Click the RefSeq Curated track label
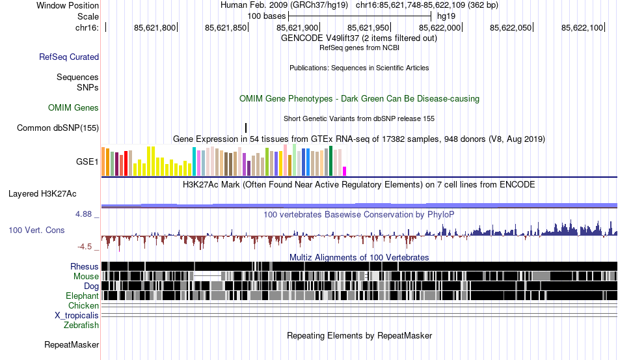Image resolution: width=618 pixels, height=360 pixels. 69,57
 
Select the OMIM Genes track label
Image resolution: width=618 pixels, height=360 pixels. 74,107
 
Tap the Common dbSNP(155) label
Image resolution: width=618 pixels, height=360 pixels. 58,128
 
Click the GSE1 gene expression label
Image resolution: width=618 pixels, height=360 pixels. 88,161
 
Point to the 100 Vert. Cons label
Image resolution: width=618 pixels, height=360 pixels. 36,230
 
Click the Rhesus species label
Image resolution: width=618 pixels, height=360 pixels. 85,266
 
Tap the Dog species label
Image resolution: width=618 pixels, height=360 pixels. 91,286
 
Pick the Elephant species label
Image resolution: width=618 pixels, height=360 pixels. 82,296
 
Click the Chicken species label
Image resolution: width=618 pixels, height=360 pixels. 84,305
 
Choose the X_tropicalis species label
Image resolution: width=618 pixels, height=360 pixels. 77,315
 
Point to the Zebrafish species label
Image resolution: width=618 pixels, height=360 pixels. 81,325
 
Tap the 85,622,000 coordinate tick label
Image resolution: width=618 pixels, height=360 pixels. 440,27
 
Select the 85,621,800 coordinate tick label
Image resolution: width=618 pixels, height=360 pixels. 155,27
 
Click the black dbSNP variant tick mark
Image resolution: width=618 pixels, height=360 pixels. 246,128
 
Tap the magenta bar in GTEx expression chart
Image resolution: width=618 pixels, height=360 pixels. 345,171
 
